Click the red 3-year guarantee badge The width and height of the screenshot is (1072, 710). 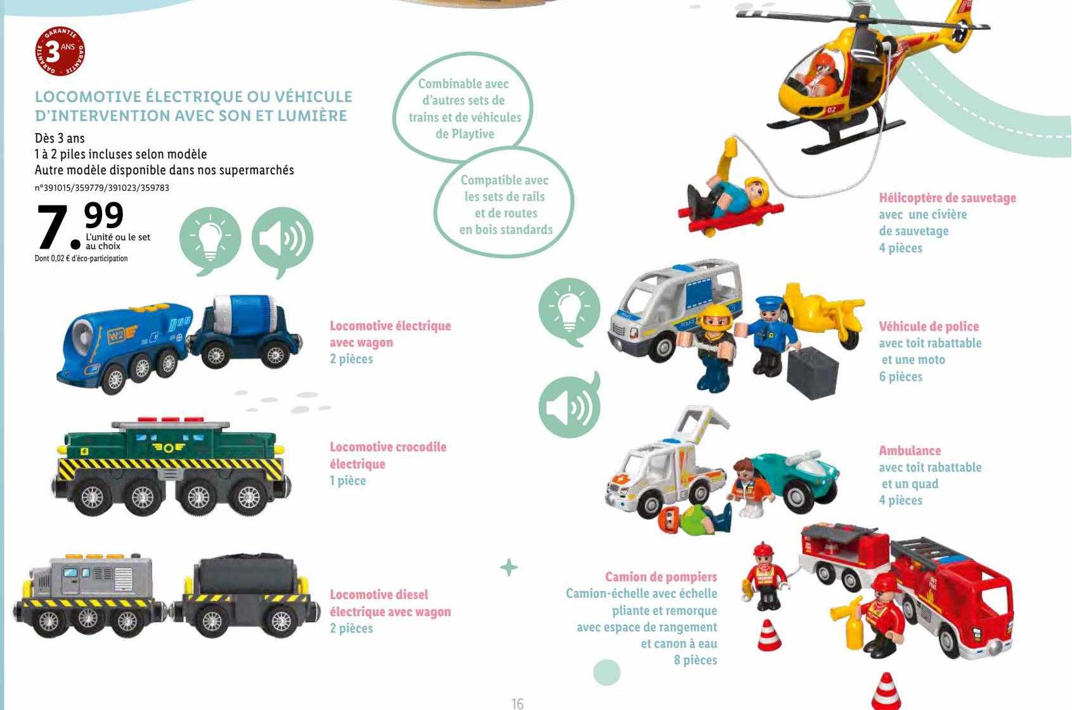[x=60, y=52]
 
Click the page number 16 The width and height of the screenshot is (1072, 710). [x=517, y=703]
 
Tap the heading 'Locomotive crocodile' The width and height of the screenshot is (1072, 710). [x=388, y=447]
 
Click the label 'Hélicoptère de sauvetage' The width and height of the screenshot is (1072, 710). [x=947, y=198]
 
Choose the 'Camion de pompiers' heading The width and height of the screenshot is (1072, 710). [x=661, y=576]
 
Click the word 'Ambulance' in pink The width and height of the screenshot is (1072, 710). [x=910, y=451]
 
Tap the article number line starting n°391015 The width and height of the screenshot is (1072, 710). [x=102, y=188]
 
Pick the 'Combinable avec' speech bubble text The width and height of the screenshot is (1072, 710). [x=463, y=84]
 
